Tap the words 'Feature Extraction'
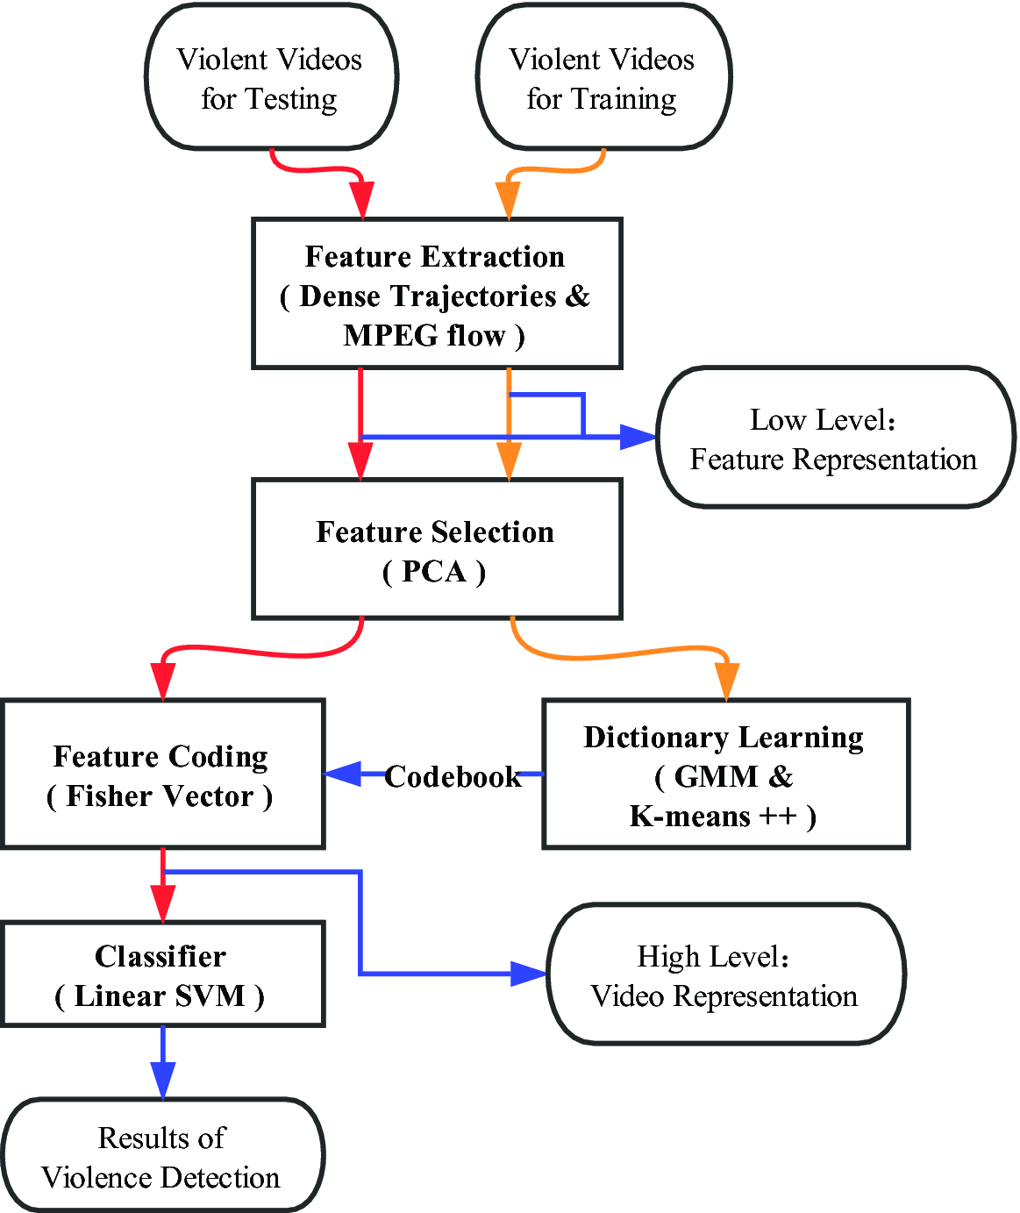[x=435, y=257]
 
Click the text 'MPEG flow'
[x=424, y=336]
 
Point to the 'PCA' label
[x=434, y=572]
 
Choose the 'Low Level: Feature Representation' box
[x=833, y=439]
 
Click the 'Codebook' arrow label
[x=453, y=776]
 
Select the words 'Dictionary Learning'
[x=724, y=738]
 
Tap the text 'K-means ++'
[x=711, y=817]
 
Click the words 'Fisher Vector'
[x=160, y=796]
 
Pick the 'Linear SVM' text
[x=160, y=996]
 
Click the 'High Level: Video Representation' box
[x=724, y=974]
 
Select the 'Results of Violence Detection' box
[x=161, y=1157]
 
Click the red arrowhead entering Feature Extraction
[x=361, y=201]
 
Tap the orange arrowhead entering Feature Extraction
[x=509, y=201]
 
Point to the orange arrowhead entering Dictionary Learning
[x=726, y=682]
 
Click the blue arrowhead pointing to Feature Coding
[x=343, y=774]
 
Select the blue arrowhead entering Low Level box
[x=638, y=436]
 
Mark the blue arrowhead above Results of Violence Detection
[x=163, y=1081]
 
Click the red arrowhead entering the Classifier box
[x=163, y=903]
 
